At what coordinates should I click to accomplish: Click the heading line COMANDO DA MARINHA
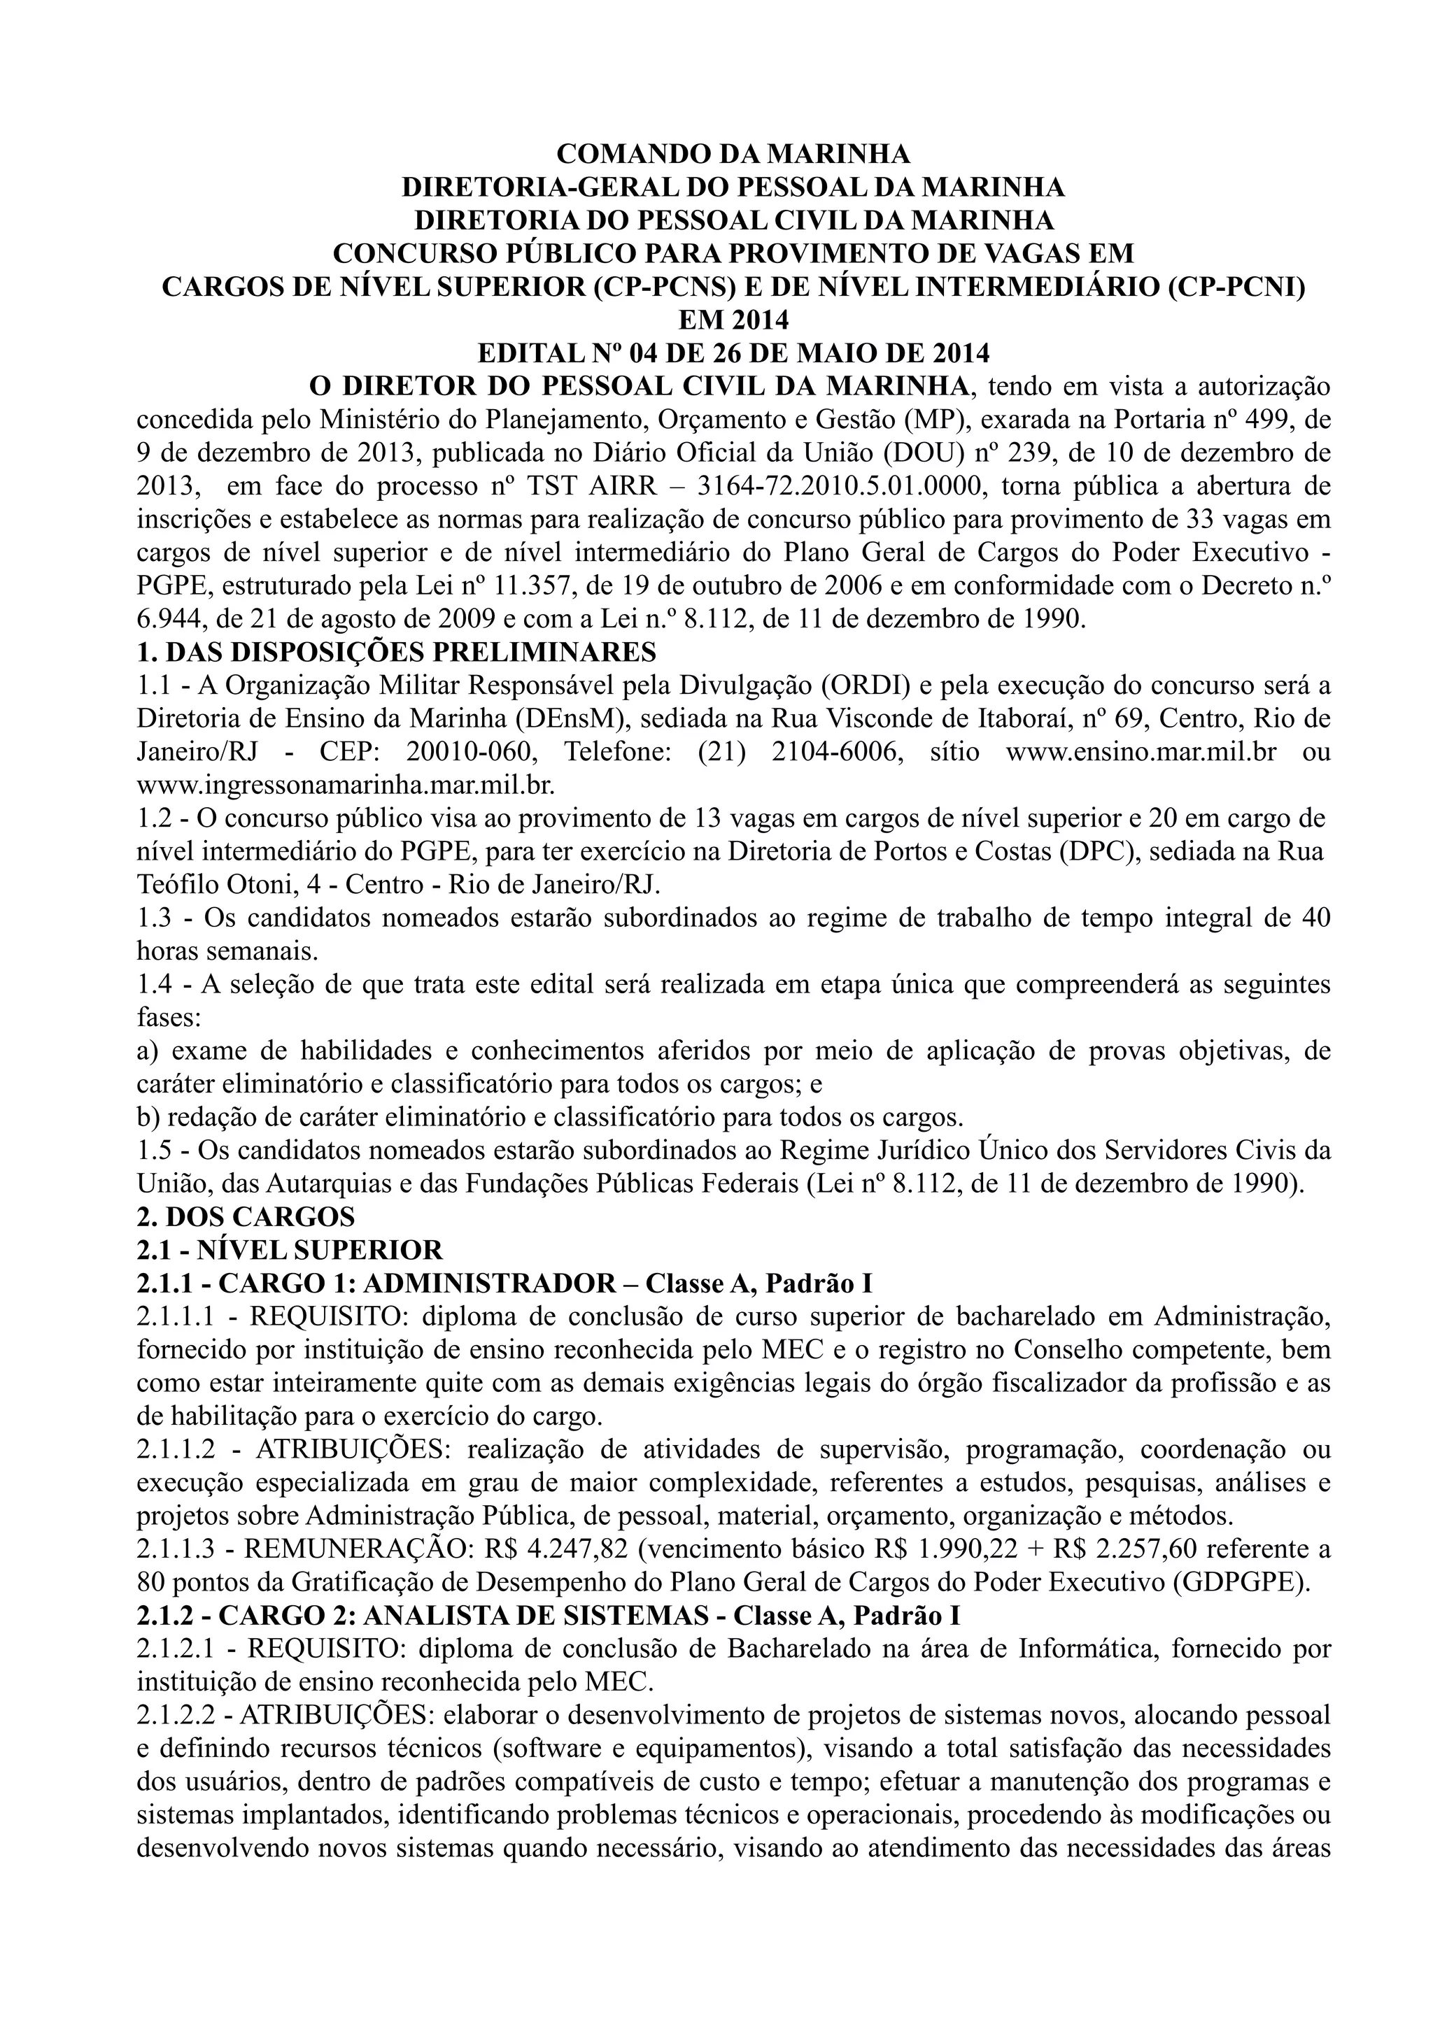point(732,154)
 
